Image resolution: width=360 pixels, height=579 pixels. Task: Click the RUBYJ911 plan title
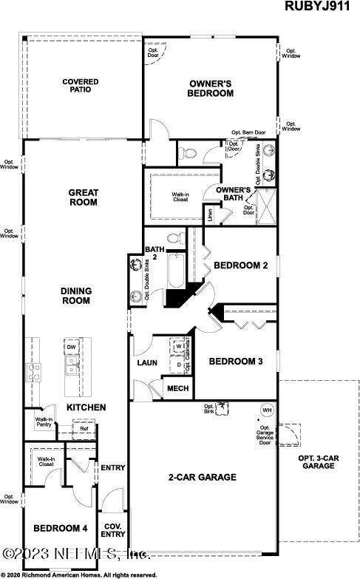tap(322, 7)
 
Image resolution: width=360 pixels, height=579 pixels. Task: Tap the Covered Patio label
tap(81, 87)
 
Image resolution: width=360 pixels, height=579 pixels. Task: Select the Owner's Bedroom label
tap(211, 89)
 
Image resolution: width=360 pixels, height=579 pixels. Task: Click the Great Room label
tap(84, 197)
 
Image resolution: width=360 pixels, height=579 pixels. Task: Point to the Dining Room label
tap(75, 296)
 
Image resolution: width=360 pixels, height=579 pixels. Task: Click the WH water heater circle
tap(266, 410)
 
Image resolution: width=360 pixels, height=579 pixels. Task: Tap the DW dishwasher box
tap(72, 347)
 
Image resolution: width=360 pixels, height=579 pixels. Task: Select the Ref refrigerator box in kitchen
tap(84, 428)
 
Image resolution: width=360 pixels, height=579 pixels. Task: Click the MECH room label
tap(177, 388)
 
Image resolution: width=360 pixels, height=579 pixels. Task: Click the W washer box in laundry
tap(179, 345)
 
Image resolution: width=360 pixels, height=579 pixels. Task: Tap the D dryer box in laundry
tap(179, 365)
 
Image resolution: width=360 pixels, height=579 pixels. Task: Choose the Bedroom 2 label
tap(240, 265)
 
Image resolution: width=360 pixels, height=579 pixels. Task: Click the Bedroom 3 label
tap(235, 362)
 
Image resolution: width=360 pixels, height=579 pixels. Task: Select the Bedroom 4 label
tap(60, 528)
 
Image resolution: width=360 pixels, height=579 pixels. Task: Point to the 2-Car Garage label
tap(202, 477)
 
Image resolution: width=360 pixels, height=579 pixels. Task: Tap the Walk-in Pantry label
tap(43, 422)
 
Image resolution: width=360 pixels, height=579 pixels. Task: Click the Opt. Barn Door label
tap(249, 133)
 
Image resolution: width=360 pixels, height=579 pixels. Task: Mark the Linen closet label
tap(211, 215)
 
